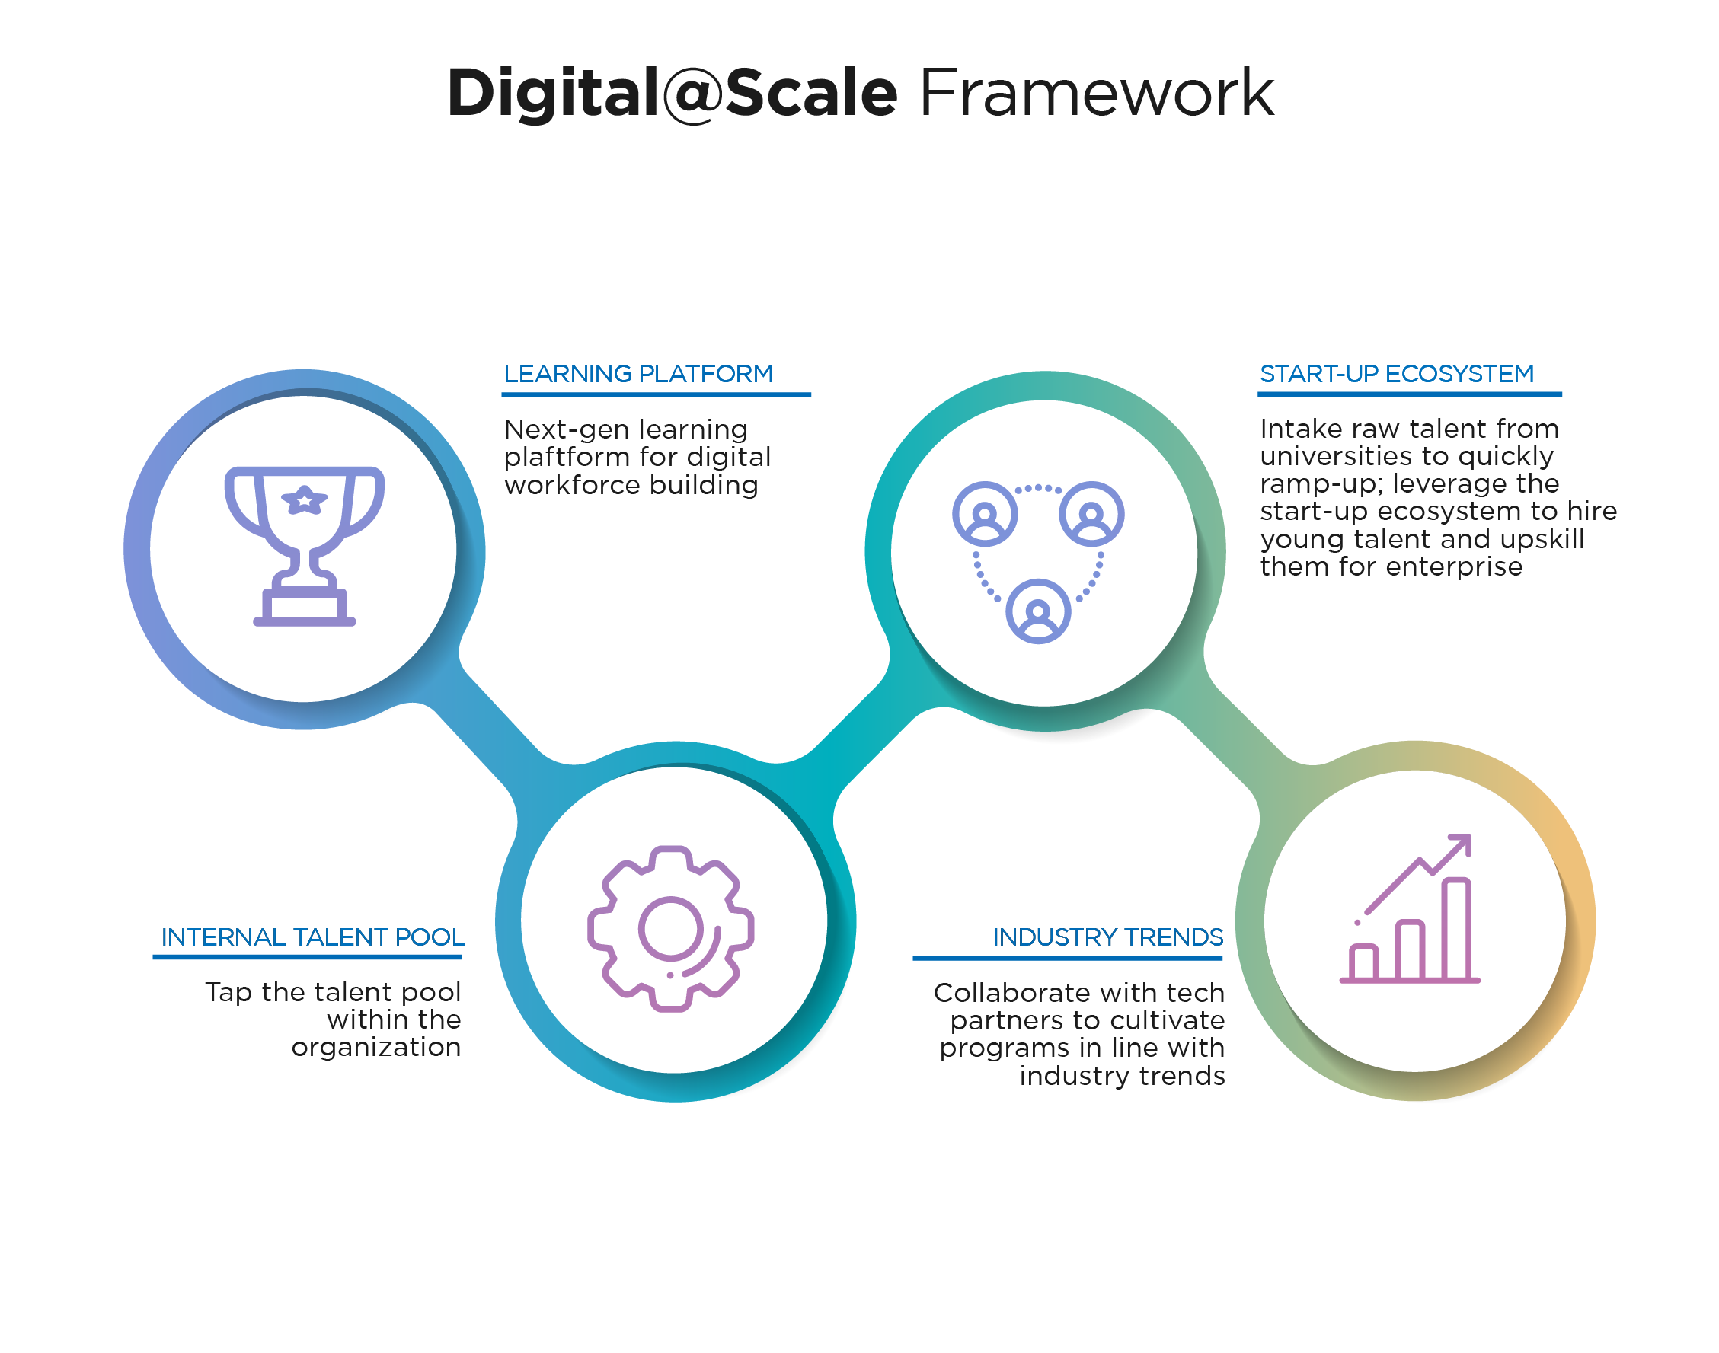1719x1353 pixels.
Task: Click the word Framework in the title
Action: (x=1096, y=93)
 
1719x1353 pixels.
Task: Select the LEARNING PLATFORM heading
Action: (x=638, y=373)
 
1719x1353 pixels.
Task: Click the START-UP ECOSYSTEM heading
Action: (x=1396, y=373)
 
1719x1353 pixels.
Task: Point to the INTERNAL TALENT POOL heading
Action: (x=313, y=937)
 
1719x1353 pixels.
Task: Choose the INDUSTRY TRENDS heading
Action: (x=1108, y=937)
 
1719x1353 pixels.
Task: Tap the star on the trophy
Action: (x=305, y=499)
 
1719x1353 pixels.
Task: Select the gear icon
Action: (x=670, y=929)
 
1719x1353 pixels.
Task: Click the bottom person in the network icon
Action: (x=1038, y=611)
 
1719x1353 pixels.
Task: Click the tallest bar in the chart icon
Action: (x=1457, y=928)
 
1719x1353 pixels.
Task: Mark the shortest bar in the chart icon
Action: (x=1364, y=962)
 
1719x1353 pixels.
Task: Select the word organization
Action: (x=376, y=1048)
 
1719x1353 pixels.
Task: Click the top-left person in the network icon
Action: (x=985, y=513)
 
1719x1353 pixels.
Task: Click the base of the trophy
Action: (x=305, y=607)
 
